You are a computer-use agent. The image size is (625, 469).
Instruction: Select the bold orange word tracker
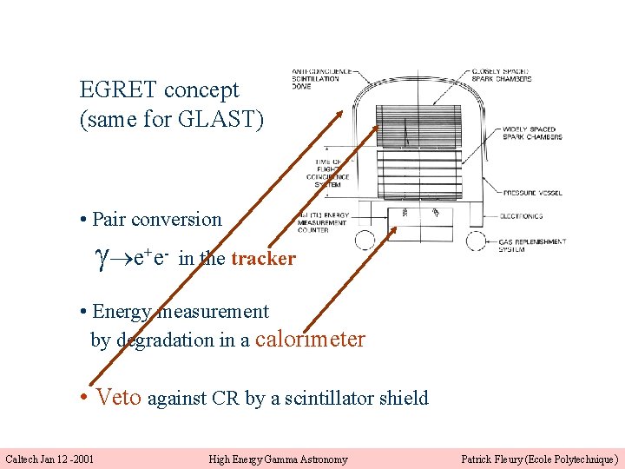[263, 258]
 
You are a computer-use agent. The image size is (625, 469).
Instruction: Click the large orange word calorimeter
[311, 339]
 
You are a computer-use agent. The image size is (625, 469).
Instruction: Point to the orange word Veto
[118, 397]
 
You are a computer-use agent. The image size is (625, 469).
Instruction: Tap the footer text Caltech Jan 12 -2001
[50, 459]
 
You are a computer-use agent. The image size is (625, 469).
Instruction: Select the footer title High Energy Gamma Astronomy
[278, 459]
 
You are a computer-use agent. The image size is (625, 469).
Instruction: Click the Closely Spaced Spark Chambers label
[509, 76]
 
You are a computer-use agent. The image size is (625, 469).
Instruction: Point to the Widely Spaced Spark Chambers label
[532, 134]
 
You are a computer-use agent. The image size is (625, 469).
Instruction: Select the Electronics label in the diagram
[521, 216]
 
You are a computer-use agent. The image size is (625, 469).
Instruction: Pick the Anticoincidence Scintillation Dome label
[321, 78]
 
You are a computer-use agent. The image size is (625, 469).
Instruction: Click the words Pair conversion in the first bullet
[157, 220]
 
